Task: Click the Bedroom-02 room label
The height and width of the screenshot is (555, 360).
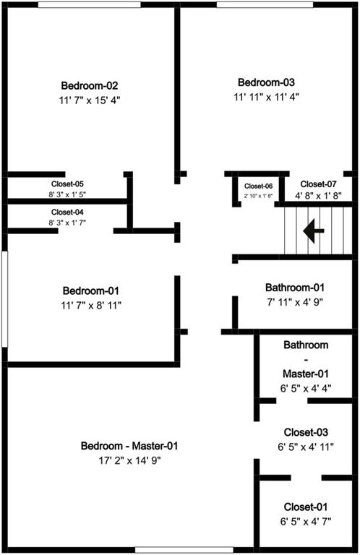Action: [x=90, y=86]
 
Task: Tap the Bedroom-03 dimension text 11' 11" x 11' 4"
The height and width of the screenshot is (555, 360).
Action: [x=267, y=97]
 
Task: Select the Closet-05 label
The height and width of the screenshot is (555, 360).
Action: [x=68, y=184]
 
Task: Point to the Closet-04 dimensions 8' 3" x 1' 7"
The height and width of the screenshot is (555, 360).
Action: [x=68, y=223]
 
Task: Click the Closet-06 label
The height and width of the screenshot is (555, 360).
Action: [x=258, y=186]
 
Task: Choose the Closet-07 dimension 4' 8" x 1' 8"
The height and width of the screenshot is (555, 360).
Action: [x=318, y=196]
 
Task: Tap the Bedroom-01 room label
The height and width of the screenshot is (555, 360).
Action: [x=91, y=291]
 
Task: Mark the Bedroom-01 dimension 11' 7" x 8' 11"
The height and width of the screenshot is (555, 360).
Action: [x=91, y=306]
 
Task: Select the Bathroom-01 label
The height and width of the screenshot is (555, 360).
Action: [x=295, y=288]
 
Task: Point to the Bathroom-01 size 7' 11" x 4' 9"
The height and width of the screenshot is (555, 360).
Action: [x=295, y=302]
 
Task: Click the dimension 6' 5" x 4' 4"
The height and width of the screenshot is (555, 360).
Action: [x=306, y=388]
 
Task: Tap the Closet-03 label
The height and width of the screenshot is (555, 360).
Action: [x=306, y=432]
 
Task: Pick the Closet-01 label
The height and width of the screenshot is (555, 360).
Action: [x=306, y=507]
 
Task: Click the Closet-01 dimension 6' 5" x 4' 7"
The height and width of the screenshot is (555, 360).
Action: [x=306, y=521]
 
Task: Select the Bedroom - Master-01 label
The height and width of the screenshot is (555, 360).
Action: [x=129, y=446]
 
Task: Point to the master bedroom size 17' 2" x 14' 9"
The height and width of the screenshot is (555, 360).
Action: [x=130, y=460]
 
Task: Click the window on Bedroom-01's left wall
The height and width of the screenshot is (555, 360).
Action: [x=4, y=299]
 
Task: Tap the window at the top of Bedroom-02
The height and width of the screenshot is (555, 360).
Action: [x=89, y=4]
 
